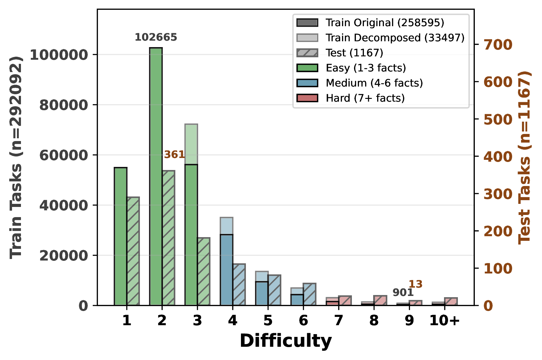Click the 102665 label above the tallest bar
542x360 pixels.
coord(156,37)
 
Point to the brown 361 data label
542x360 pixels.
coord(174,154)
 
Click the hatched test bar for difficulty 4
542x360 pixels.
coord(239,285)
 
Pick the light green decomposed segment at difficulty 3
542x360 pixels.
coord(191,144)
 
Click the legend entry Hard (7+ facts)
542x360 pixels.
coord(365,98)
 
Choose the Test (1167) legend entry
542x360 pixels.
coord(354,53)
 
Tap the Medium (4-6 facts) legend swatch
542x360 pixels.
coord(307,83)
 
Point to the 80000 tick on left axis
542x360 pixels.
coord(64,105)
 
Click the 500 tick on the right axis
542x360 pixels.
coord(498,119)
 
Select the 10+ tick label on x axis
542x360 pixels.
coord(444,320)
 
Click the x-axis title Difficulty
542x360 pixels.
coord(286,341)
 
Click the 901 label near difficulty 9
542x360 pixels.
coord(403,292)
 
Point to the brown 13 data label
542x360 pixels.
coord(415,284)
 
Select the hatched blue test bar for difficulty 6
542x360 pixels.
coord(310,294)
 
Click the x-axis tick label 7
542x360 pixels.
coord(339,320)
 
